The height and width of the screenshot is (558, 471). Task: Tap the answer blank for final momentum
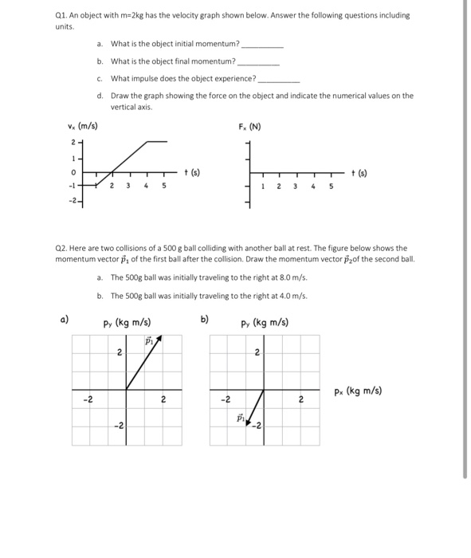[259, 61]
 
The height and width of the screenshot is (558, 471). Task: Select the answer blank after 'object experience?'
[278, 79]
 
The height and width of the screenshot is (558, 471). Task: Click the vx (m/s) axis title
[83, 126]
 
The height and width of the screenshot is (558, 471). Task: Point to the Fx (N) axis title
[250, 126]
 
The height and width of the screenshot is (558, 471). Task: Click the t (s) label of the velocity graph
[191, 172]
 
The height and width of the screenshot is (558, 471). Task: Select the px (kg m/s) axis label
[359, 391]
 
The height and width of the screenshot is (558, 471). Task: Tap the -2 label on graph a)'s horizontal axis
[88, 400]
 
